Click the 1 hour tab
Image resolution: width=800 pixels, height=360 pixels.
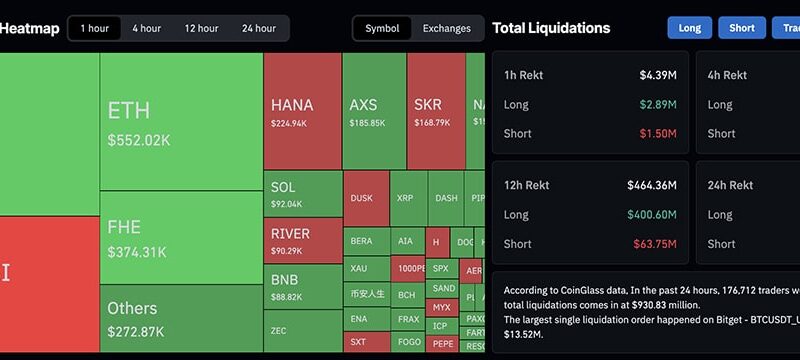(95, 28)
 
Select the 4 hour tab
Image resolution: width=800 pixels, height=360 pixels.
(146, 28)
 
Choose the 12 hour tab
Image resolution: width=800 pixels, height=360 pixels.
(201, 28)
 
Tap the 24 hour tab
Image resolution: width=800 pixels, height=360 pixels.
(259, 28)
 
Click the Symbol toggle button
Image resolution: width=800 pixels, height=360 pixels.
(382, 28)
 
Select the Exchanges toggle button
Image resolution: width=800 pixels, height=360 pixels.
(446, 28)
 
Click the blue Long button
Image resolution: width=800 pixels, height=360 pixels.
(689, 28)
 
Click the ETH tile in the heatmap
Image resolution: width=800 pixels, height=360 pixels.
(180, 121)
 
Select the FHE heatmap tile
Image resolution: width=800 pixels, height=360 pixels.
(180, 237)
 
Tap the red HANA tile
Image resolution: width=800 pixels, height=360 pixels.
(302, 111)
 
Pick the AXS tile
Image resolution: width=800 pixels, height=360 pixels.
(373, 111)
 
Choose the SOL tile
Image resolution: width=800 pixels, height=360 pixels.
(302, 194)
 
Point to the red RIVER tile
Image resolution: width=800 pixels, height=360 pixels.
(302, 241)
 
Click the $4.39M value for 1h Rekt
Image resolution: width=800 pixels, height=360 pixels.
(658, 75)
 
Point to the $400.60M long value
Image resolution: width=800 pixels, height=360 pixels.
(652, 214)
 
